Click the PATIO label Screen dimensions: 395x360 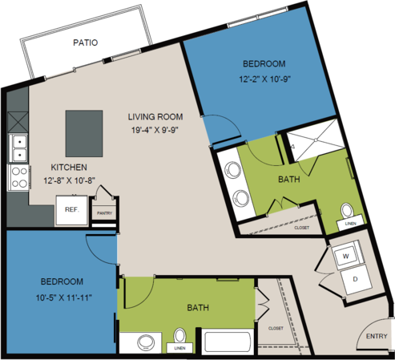point(86,42)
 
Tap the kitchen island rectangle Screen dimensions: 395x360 point(84,133)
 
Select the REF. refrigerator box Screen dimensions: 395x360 point(71,210)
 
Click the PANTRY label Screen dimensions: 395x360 point(104,213)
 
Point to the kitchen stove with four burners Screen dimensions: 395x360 point(18,177)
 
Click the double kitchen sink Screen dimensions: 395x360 point(18,148)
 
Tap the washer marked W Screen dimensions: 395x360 point(347,256)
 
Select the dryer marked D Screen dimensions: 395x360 point(355,280)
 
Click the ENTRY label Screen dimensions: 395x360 point(377,336)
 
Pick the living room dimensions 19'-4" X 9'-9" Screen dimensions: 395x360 point(155,130)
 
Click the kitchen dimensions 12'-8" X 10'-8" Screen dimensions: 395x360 point(70,180)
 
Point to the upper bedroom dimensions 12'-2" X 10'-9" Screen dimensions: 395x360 point(264,79)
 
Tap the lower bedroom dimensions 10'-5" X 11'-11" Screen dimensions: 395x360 point(64,297)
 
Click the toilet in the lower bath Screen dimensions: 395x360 point(179,336)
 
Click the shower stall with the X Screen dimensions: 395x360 point(316,140)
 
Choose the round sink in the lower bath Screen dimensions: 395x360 point(146,342)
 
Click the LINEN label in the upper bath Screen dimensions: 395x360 point(350,224)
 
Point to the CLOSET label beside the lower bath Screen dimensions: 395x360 point(276,328)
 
